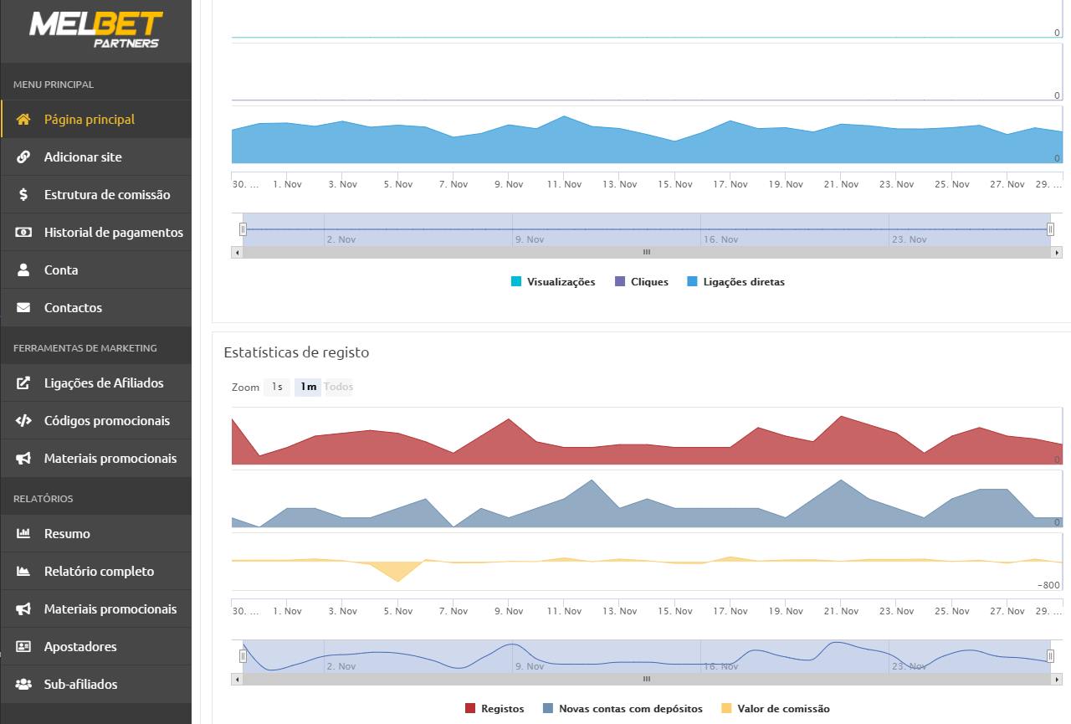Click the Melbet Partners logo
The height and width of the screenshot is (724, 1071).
pyautogui.click(x=95, y=29)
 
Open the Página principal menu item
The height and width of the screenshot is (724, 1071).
pyautogui.click(x=89, y=120)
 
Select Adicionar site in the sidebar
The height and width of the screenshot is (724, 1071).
pyautogui.click(x=82, y=157)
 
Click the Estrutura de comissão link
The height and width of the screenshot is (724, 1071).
pyautogui.click(x=106, y=195)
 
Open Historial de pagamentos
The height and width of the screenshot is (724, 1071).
pyautogui.click(x=113, y=233)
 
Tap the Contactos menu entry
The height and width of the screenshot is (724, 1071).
pyautogui.click(x=73, y=308)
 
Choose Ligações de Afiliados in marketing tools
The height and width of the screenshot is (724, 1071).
pyautogui.click(x=104, y=383)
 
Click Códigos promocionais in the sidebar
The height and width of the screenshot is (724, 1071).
pyautogui.click(x=106, y=421)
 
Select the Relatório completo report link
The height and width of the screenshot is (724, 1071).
pyautogui.click(x=99, y=572)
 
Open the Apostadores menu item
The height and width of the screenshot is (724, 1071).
pyautogui.click(x=80, y=647)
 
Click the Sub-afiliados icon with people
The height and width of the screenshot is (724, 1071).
pyautogui.click(x=23, y=685)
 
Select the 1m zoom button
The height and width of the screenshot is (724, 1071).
pyautogui.click(x=308, y=387)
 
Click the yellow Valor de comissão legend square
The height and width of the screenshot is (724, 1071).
pyautogui.click(x=726, y=709)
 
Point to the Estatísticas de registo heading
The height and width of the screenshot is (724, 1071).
pyautogui.click(x=296, y=352)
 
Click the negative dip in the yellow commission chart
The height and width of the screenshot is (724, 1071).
pyautogui.click(x=397, y=573)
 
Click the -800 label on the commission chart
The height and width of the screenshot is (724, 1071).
pyautogui.click(x=1048, y=585)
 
